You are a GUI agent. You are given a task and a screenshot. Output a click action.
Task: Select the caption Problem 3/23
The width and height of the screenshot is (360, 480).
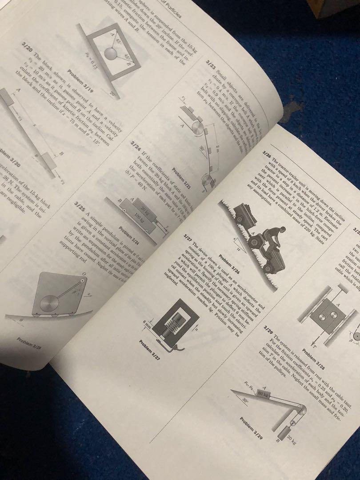pyautogui.click(x=181, y=178)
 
